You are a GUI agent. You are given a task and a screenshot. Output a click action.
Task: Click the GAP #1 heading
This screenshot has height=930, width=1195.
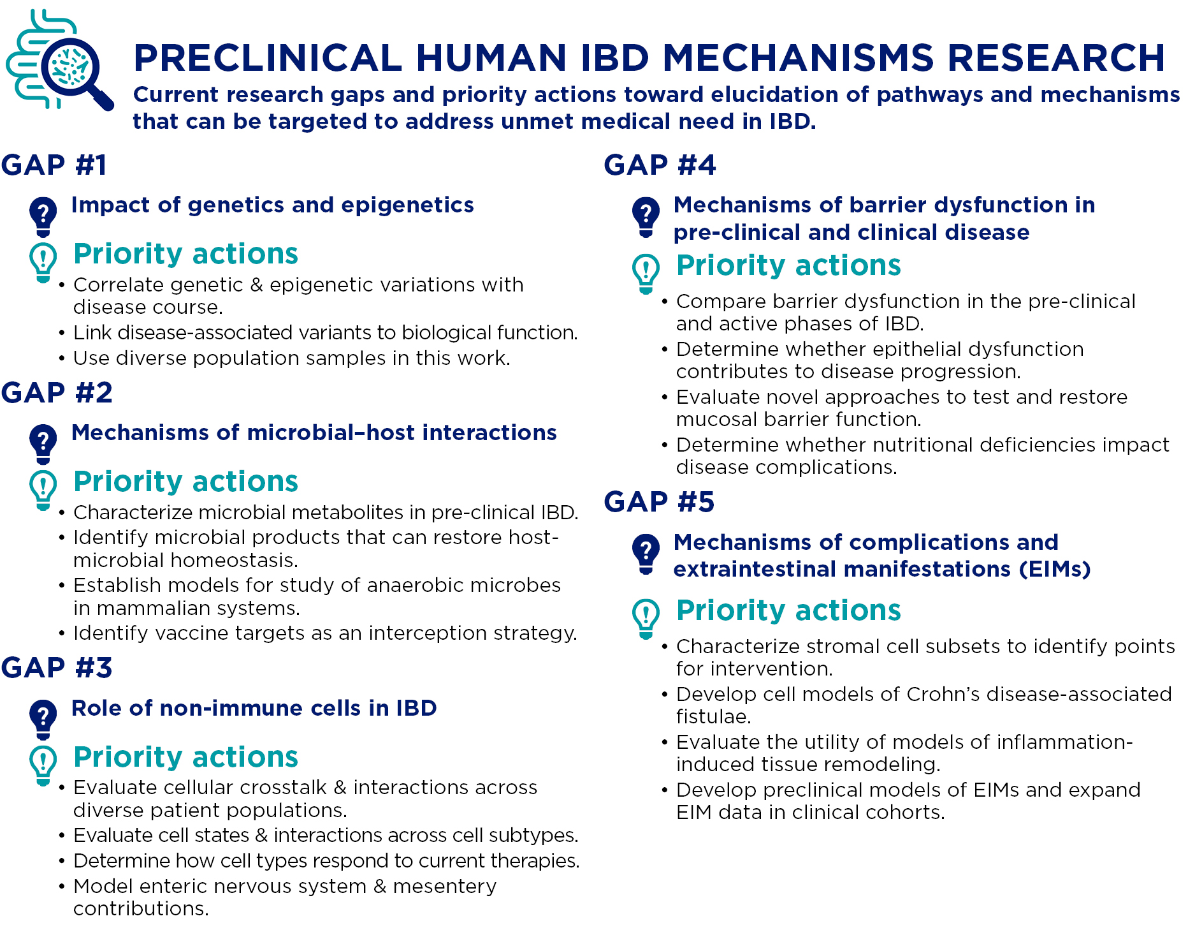point(54,165)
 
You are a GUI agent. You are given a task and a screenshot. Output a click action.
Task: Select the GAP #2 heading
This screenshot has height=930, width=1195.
point(57,393)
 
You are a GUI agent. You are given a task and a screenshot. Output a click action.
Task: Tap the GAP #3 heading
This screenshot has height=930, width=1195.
point(57,668)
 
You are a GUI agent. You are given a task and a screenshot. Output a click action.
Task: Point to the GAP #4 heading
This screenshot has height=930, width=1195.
point(660,165)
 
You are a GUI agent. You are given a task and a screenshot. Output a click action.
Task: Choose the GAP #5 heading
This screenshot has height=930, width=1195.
point(659,502)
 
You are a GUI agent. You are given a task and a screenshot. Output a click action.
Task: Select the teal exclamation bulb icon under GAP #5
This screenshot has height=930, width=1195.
point(646,618)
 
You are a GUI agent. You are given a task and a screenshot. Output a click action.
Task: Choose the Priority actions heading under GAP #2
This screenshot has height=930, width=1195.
point(185,482)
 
